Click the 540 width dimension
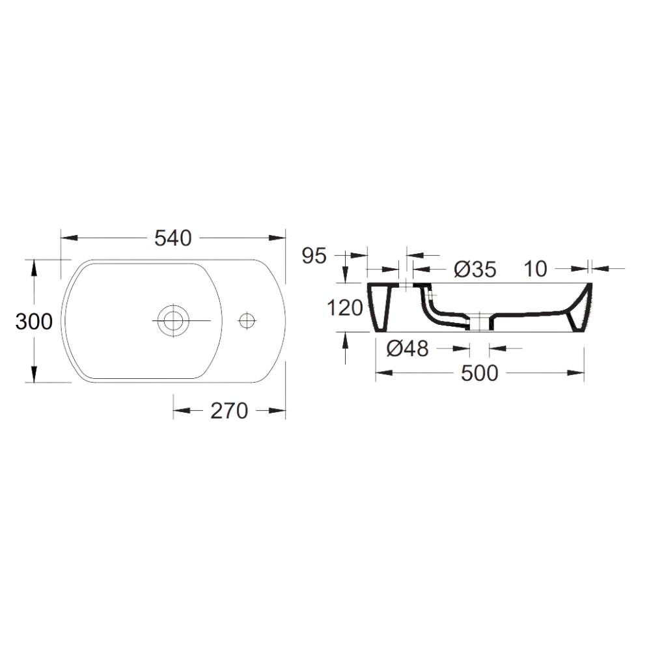pyautogui.click(x=173, y=238)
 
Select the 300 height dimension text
pyautogui.click(x=34, y=322)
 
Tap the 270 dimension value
pyautogui.click(x=229, y=411)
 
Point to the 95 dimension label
pyautogui.click(x=314, y=256)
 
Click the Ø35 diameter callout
pyautogui.click(x=475, y=270)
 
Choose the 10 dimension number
pyautogui.click(x=536, y=269)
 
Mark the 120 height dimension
pyautogui.click(x=345, y=308)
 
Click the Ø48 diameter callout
pyautogui.click(x=408, y=348)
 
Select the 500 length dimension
pyautogui.click(x=480, y=373)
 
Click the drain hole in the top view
pyautogui.click(x=173, y=320)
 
